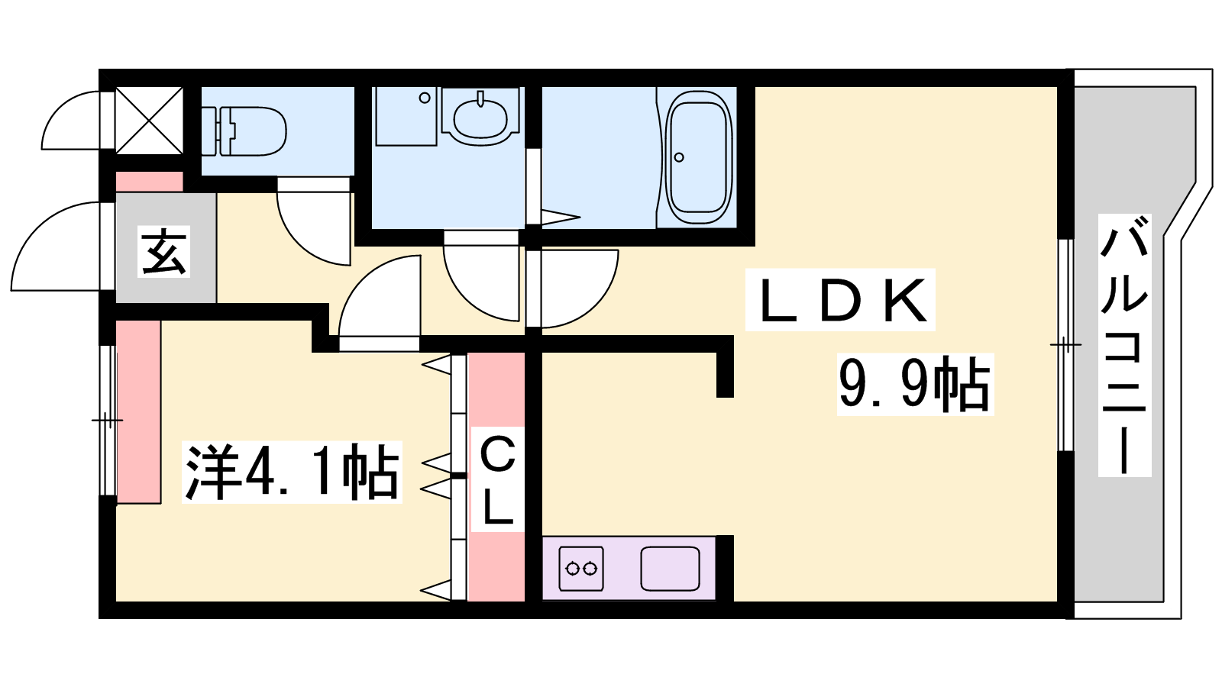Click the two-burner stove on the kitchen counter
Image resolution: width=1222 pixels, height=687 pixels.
pyautogui.click(x=581, y=569)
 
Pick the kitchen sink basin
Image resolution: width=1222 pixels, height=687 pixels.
pyautogui.click(x=670, y=569)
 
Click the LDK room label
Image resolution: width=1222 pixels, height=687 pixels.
pyautogui.click(x=841, y=300)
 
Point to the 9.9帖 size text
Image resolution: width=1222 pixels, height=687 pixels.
pyautogui.click(x=916, y=385)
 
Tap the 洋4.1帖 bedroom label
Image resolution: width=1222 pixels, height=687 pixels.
pyautogui.click(x=292, y=473)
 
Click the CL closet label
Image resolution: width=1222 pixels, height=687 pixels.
pyautogui.click(x=497, y=480)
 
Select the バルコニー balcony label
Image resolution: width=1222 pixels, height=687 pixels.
pyautogui.click(x=1124, y=345)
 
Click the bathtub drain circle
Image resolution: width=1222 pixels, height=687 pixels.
pyautogui.click(x=679, y=157)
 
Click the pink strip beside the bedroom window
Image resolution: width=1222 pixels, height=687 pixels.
pyautogui.click(x=138, y=411)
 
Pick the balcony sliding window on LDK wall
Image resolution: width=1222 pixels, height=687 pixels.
pyautogui.click(x=1065, y=345)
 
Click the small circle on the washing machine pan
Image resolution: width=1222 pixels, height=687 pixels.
pyautogui.click(x=425, y=98)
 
